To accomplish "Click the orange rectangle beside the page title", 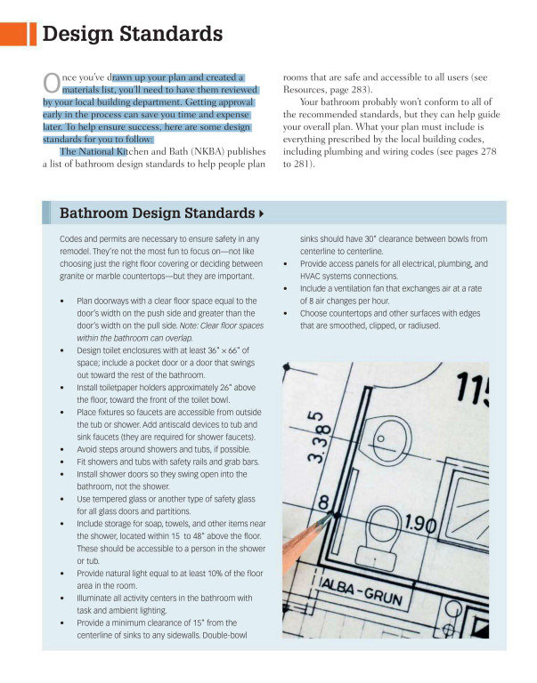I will coord(13,35).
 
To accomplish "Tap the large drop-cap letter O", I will coord(51,83).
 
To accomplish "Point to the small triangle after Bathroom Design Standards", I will coord(261,214).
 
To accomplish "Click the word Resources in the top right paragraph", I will coord(307,90).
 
